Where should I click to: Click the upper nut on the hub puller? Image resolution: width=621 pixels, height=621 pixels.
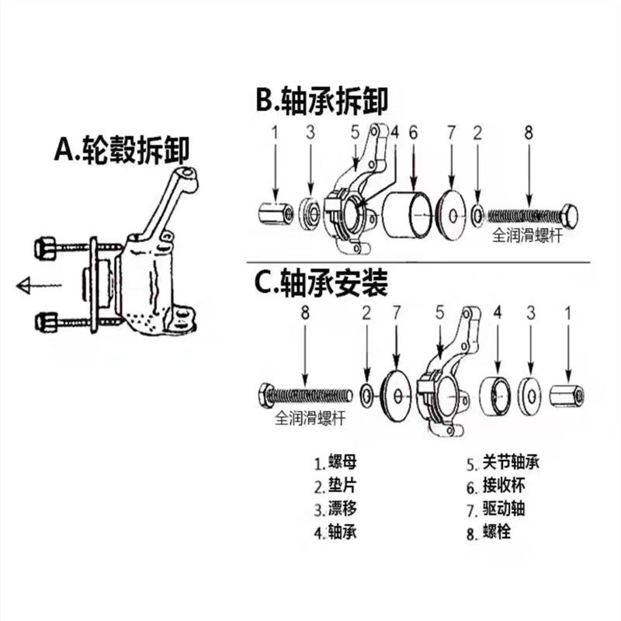(x=45, y=248)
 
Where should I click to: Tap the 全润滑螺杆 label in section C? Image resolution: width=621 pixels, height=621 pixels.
(x=310, y=418)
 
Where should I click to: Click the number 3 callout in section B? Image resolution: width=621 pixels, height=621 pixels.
(x=310, y=132)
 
